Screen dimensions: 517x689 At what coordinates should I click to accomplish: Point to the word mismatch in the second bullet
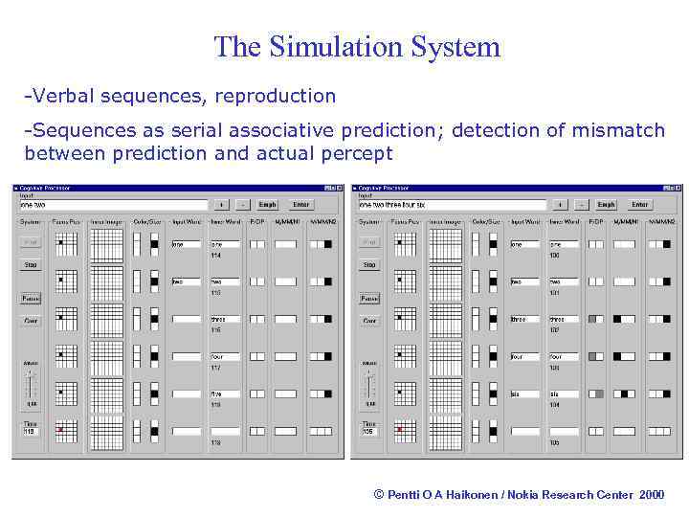point(617,129)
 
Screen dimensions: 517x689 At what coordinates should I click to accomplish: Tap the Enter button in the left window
point(301,204)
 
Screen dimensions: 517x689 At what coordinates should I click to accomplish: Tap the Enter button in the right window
point(640,204)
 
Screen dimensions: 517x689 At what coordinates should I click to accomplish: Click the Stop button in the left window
point(31,265)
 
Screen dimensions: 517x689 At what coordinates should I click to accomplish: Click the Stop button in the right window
point(369,265)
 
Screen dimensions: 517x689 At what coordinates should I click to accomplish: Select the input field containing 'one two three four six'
point(451,205)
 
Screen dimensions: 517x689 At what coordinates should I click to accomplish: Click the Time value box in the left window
point(31,432)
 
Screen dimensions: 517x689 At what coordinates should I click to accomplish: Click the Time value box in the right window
point(369,432)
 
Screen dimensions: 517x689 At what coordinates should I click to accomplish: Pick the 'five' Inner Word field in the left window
point(225,393)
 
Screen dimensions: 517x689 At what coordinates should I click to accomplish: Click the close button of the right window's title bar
point(678,188)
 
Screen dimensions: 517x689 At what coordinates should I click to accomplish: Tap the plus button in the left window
point(221,204)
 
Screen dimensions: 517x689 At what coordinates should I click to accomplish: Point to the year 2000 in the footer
point(651,494)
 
